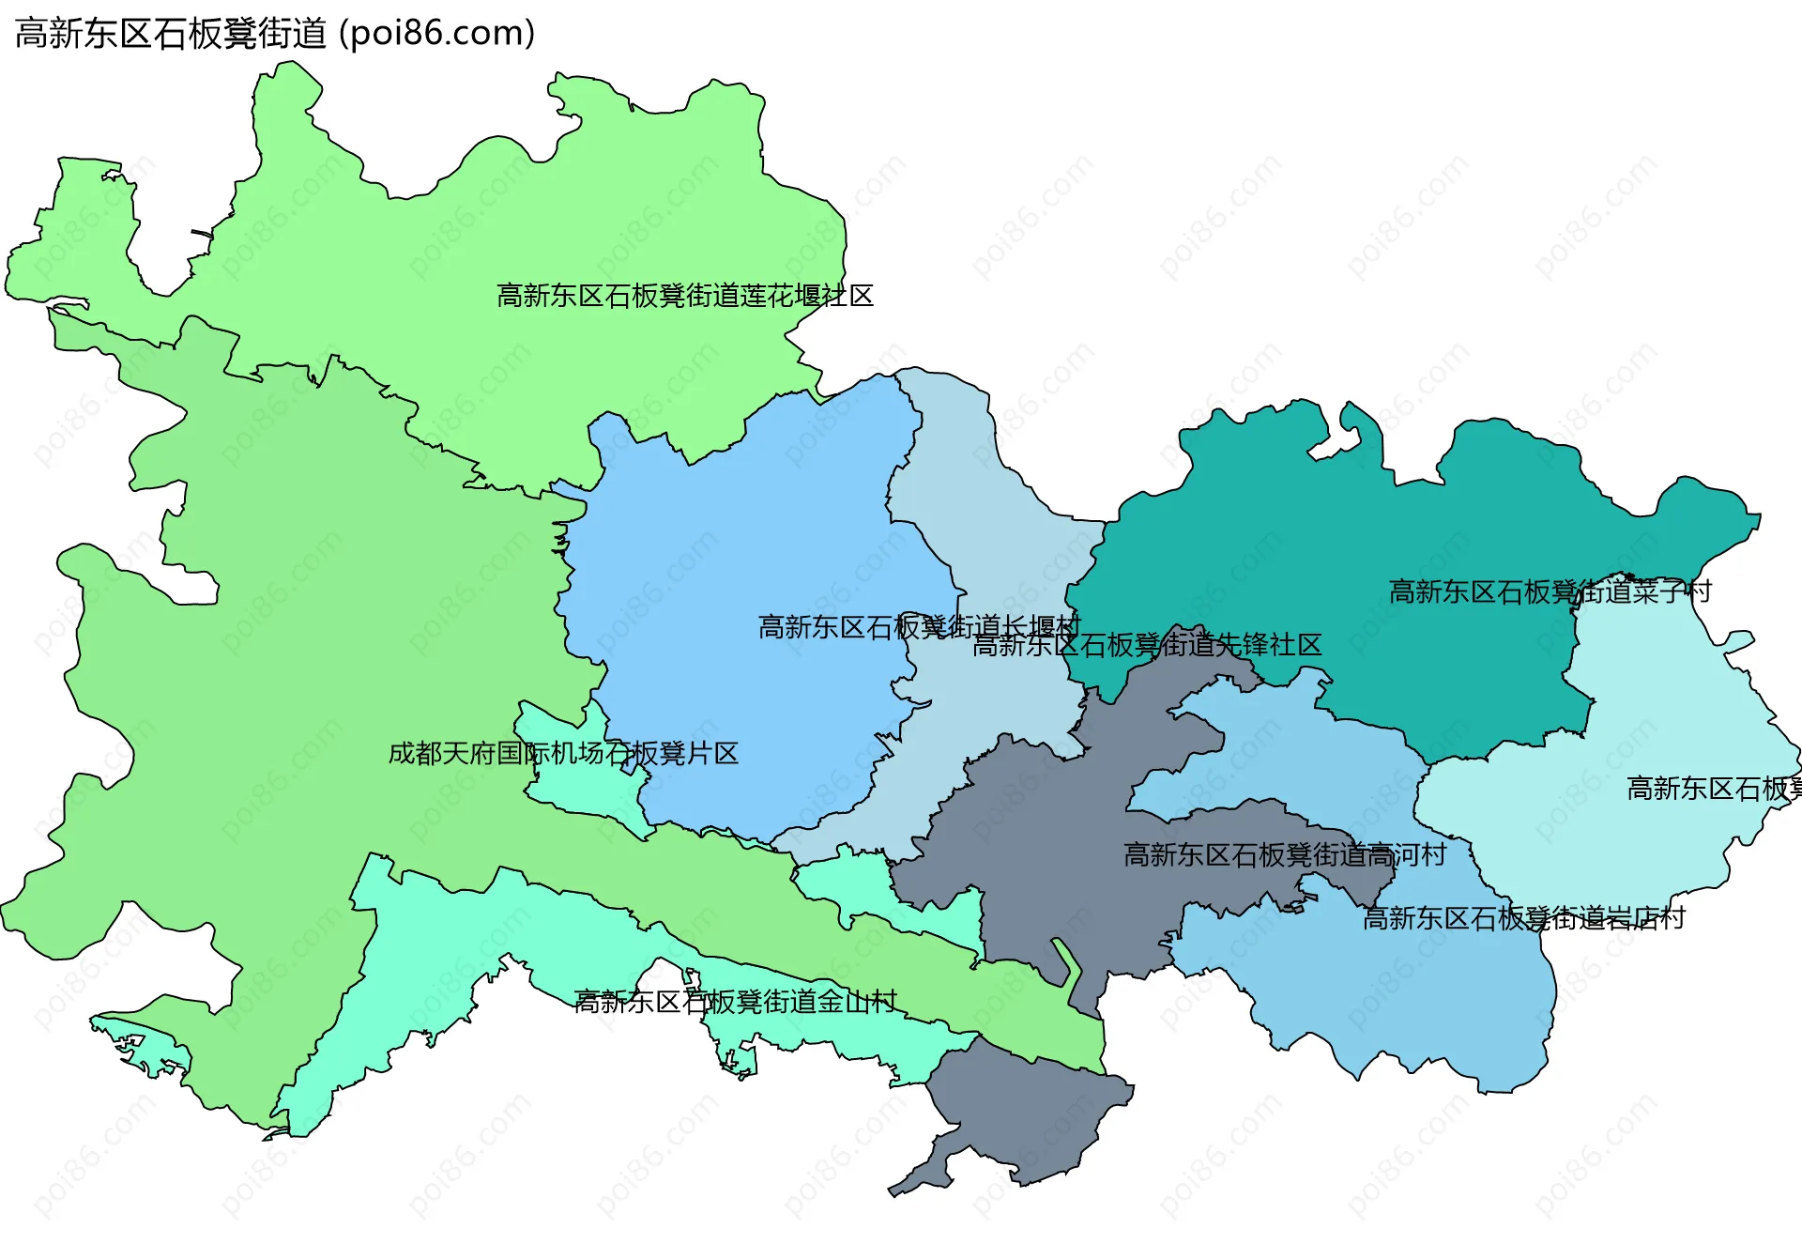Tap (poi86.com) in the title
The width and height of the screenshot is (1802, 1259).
click(436, 34)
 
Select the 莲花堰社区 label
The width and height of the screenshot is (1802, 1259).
click(685, 296)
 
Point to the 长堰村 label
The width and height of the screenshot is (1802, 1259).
click(919, 626)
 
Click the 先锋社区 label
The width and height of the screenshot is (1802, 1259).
click(1147, 645)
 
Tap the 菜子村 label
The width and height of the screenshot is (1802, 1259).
click(1550, 591)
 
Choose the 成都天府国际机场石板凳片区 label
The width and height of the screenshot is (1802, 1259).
click(563, 753)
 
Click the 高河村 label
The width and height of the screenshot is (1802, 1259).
click(1285, 854)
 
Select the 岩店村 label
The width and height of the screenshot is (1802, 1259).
click(1523, 917)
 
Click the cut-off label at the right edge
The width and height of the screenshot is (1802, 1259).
click(1714, 789)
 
